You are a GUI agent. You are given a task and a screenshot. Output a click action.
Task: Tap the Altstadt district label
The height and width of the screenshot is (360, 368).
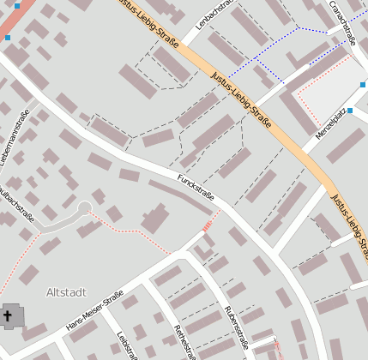point(66,292)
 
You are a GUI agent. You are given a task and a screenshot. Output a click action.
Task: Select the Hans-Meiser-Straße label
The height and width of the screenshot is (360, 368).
point(94,313)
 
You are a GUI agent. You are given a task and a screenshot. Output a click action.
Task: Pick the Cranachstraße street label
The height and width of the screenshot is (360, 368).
point(342,22)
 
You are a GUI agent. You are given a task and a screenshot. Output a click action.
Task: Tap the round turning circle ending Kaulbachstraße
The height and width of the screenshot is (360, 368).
point(84,207)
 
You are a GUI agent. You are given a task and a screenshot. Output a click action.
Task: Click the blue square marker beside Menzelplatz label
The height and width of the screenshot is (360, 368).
point(350,111)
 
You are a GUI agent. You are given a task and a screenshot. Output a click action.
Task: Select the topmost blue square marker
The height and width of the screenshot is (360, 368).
point(17,5)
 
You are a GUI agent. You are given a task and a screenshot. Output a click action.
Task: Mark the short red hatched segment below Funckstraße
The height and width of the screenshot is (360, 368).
point(207,225)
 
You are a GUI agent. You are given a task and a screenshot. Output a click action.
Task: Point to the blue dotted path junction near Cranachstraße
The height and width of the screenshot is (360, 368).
point(298,27)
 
